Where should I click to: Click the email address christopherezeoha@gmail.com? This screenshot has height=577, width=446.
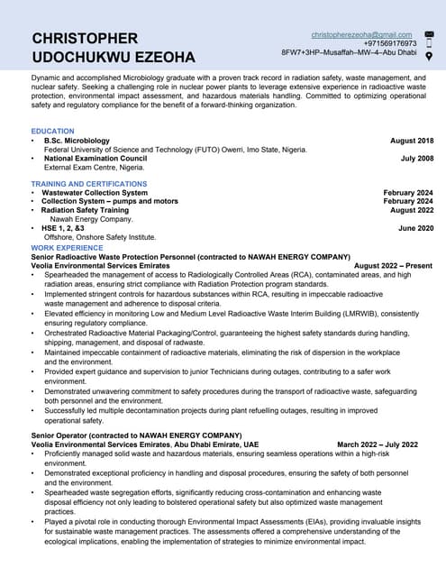pyautogui.click(x=361, y=34)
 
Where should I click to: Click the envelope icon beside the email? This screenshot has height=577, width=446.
pyautogui.click(x=429, y=34)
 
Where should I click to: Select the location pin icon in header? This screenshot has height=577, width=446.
pyautogui.click(x=429, y=56)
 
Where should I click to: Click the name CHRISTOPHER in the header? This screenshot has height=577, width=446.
pyautogui.click(x=85, y=38)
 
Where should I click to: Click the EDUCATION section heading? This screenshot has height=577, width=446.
pyautogui.click(x=52, y=132)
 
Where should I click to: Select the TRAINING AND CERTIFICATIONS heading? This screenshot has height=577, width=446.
pyautogui.click(x=88, y=184)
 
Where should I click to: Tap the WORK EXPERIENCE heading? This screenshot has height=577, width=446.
pyautogui.click(x=67, y=247)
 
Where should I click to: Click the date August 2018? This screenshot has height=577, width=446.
pyautogui.click(x=412, y=141)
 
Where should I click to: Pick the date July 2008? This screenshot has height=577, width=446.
pyautogui.click(x=416, y=159)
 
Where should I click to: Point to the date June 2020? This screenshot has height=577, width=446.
pyautogui.click(x=415, y=228)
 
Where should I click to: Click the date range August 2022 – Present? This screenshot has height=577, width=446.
pyautogui.click(x=393, y=266)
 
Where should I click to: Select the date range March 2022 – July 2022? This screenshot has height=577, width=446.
pyautogui.click(x=378, y=444)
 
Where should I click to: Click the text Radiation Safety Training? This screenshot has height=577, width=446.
pyautogui.click(x=85, y=210)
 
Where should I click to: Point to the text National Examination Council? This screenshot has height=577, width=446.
pyautogui.click(x=96, y=159)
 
